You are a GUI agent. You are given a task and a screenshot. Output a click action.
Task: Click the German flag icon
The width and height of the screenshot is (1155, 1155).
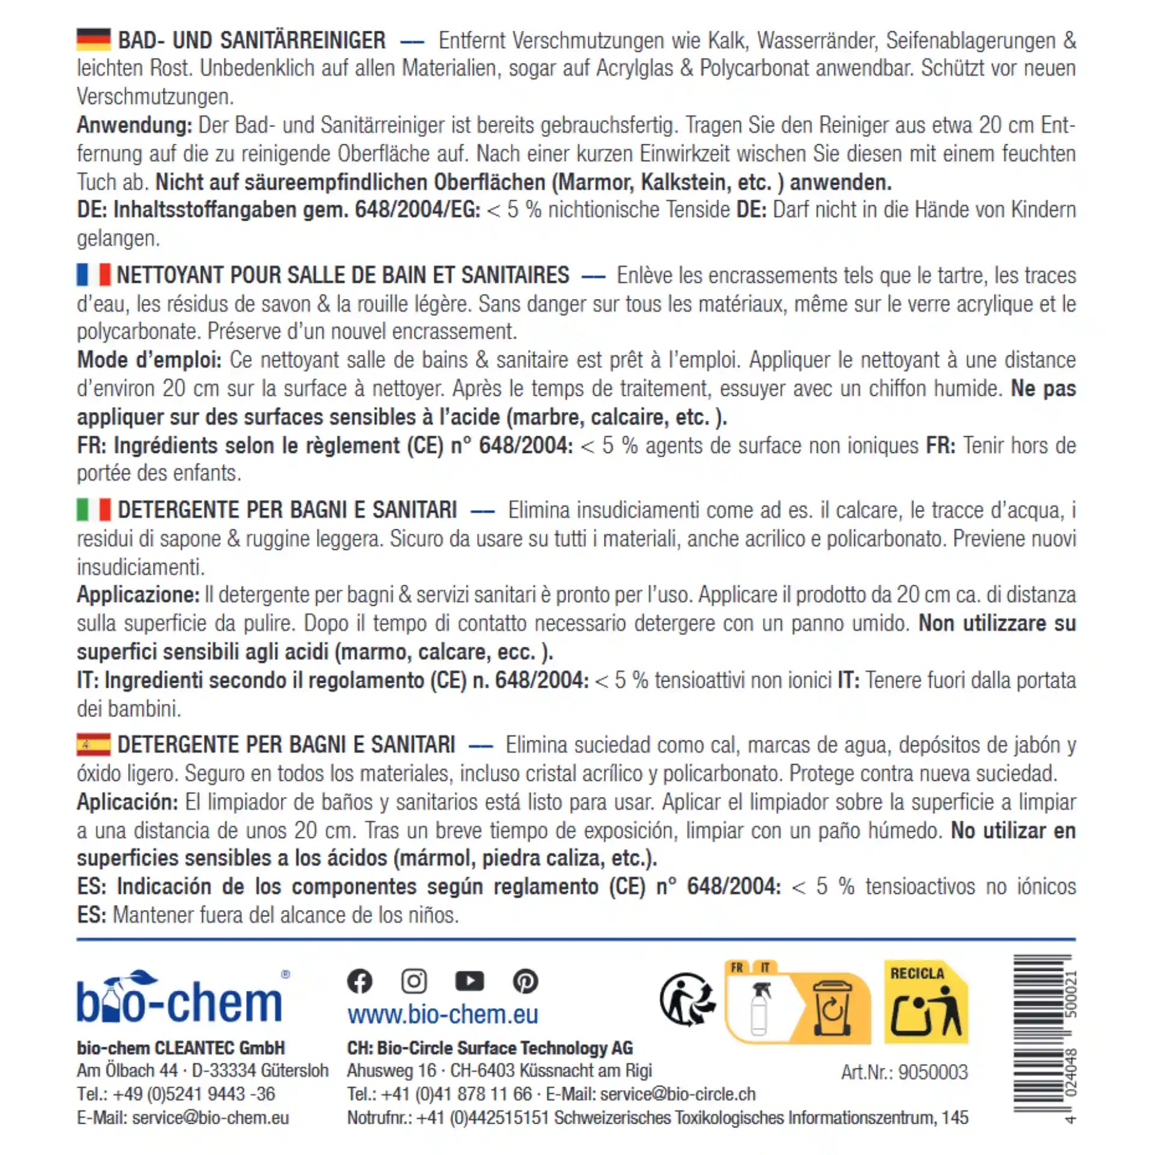tap(93, 40)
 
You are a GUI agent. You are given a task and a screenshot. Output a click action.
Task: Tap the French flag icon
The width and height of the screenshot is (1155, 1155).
tap(93, 275)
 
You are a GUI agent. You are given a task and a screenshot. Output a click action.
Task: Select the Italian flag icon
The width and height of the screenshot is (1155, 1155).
tap(93, 510)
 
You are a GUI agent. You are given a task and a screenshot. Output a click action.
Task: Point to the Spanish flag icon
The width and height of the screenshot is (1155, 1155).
tap(93, 744)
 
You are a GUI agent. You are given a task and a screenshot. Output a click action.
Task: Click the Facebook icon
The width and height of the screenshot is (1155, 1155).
tap(360, 981)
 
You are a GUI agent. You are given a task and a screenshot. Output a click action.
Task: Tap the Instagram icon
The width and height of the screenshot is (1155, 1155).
tap(414, 981)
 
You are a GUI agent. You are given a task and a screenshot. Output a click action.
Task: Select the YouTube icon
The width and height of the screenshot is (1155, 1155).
tap(469, 981)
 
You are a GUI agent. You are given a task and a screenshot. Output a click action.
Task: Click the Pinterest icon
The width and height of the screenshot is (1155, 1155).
tap(525, 981)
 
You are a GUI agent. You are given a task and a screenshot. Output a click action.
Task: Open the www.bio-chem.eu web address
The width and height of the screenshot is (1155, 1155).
tap(443, 1015)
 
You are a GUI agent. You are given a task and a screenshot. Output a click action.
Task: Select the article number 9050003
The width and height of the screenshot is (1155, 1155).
tap(905, 1071)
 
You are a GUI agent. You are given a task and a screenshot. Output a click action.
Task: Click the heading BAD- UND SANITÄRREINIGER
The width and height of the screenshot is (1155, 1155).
tap(251, 40)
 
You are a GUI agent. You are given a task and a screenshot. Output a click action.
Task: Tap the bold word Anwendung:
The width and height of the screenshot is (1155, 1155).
tap(134, 125)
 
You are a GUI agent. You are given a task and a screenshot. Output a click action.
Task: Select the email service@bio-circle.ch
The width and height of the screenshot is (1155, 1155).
tap(677, 1094)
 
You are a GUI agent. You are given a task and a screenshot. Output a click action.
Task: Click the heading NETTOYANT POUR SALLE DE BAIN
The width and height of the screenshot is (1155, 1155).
tap(342, 275)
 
